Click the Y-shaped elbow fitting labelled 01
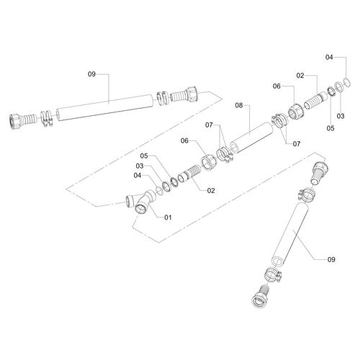tap(142, 202)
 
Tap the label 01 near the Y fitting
tap(168, 217)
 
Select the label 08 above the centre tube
tap(239, 105)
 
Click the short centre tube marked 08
tap(251, 138)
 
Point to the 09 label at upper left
tap(91, 74)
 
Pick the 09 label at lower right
tap(331, 259)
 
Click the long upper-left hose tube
tap(104, 107)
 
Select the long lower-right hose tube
tap(289, 234)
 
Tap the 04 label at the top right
tap(329, 57)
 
